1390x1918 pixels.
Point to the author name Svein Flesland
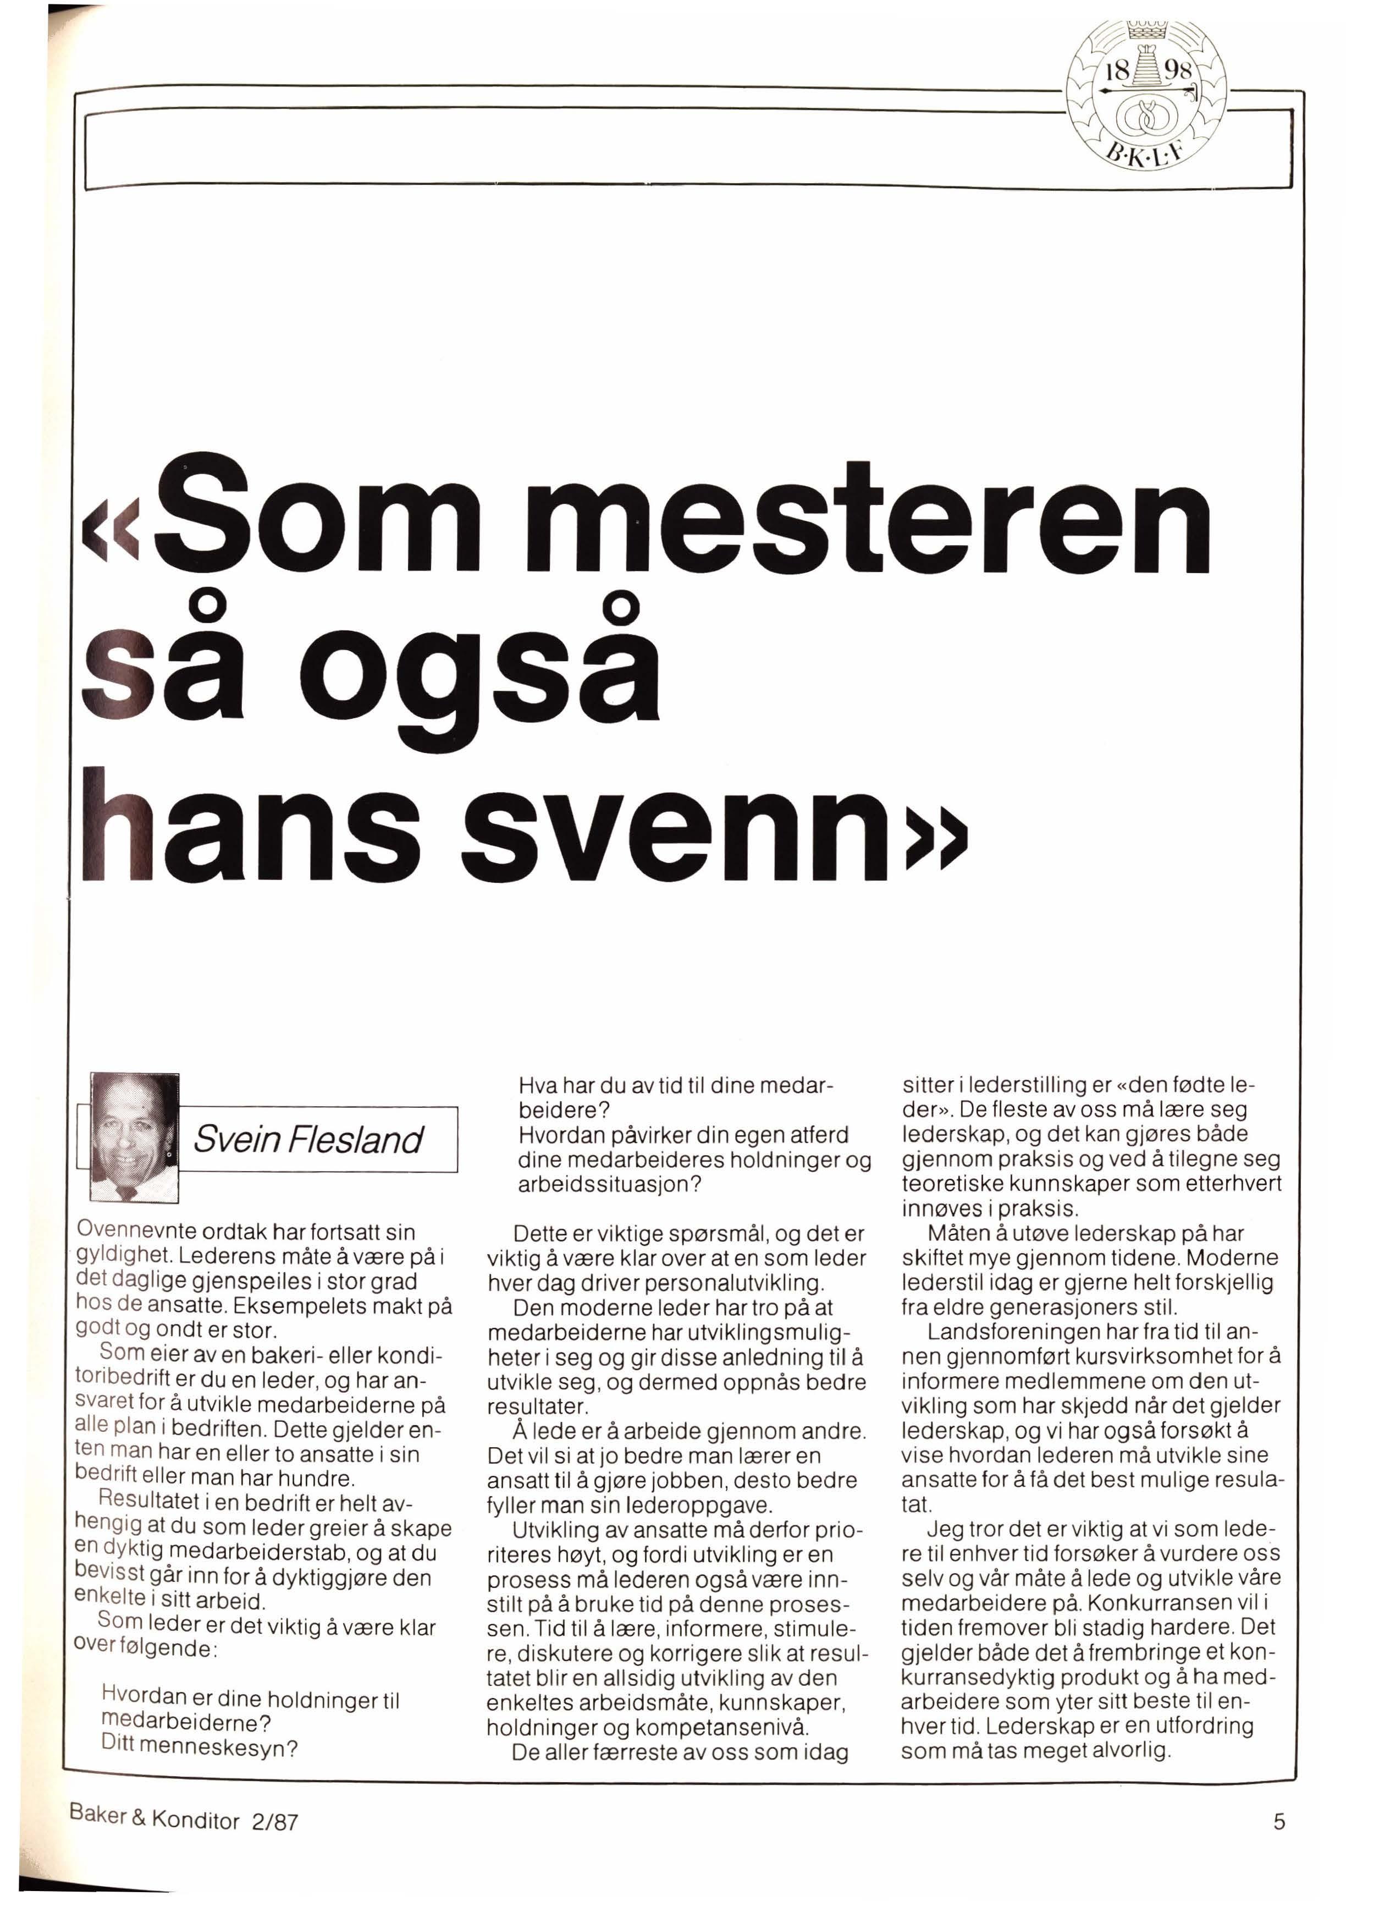[308, 1140]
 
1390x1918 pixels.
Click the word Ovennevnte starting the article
[137, 1232]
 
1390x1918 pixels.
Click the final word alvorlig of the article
[1131, 1750]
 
